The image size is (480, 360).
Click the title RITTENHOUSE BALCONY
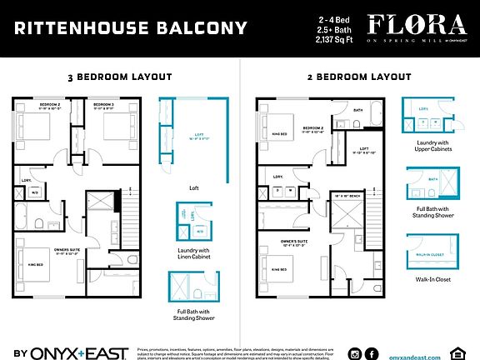point(131,28)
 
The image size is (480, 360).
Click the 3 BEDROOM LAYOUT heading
point(119,77)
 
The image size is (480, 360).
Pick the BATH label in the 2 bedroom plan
point(357,110)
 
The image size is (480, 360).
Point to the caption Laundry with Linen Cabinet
point(192,254)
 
